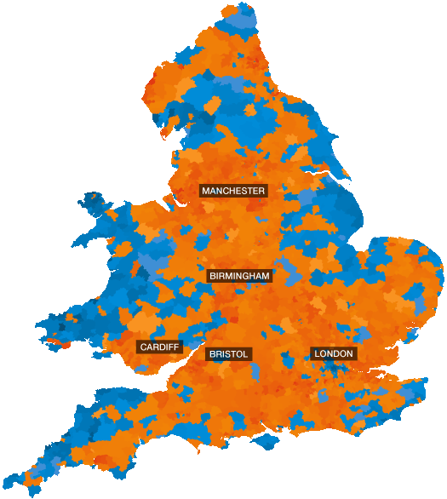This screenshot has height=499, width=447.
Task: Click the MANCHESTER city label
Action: point(233,191)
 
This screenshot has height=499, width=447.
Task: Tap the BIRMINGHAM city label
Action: point(239,276)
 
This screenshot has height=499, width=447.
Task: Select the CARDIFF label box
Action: point(159,347)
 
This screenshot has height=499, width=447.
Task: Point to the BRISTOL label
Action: point(228,353)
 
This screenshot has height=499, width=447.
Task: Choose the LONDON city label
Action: point(334,353)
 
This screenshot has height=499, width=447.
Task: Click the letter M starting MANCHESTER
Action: point(205,191)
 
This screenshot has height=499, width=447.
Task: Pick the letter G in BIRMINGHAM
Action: point(244,276)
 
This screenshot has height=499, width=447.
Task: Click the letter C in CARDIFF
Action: point(143,347)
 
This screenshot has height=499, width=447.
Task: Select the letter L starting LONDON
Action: point(317,353)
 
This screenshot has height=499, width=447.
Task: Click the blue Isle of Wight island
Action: point(272,444)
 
